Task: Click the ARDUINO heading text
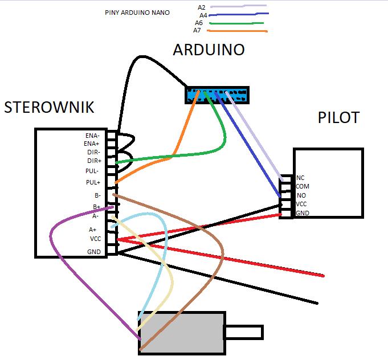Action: tap(209, 50)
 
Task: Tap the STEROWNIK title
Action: tap(49, 108)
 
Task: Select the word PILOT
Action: tap(338, 117)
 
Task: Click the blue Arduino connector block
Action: tap(217, 95)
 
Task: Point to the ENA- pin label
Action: tap(92, 136)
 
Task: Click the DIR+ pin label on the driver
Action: tap(94, 161)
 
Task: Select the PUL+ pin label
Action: tap(93, 182)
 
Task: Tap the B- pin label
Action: tap(97, 195)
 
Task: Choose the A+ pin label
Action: tap(92, 230)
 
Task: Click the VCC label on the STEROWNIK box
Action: tap(96, 239)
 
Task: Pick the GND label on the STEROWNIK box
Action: tap(94, 252)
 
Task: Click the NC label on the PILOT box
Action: tap(300, 178)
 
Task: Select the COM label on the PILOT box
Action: tap(303, 186)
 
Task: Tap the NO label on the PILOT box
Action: tap(301, 195)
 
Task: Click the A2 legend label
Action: tap(202, 7)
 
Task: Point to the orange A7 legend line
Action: tap(238, 31)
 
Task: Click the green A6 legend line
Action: tap(236, 23)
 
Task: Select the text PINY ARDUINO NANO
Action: tap(137, 13)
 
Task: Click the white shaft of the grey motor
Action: tap(244, 332)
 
